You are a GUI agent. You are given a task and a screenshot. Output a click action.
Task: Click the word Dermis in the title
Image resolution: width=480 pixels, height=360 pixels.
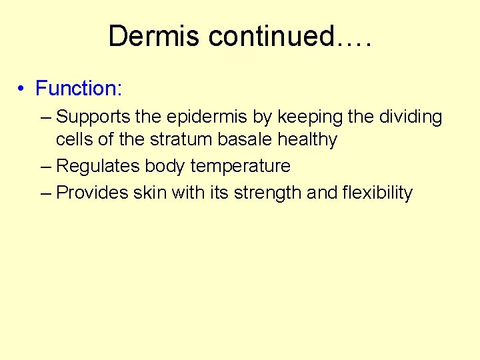[154, 36]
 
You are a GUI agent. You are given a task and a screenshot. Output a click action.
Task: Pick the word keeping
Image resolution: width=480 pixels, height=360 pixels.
[310, 117]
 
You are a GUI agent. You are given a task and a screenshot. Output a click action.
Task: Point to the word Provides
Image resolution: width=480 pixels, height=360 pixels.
[92, 193]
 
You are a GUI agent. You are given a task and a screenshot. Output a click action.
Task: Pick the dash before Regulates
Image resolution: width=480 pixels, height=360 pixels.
[45, 167]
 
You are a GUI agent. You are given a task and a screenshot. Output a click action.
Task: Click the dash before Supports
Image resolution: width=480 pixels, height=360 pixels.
[45, 118]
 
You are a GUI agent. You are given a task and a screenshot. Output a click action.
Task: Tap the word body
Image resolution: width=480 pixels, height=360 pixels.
[165, 166]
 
